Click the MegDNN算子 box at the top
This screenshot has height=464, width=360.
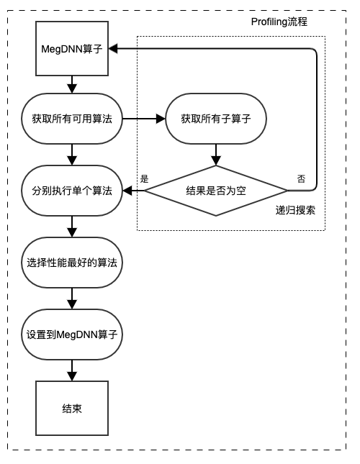pos(72,48)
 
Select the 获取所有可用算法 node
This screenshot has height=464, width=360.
pos(72,119)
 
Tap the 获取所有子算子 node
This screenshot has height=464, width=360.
pos(216,119)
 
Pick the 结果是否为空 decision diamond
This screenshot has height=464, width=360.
pos(216,191)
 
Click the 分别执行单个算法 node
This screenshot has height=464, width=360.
pos(72,191)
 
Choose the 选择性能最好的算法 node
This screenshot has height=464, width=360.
pos(72,263)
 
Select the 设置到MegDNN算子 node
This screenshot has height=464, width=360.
pos(72,335)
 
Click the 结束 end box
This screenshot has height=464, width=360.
pos(72,408)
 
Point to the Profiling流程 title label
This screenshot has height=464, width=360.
pos(279,22)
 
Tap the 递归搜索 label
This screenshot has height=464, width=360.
pos(295,210)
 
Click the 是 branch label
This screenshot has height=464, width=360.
pos(144,178)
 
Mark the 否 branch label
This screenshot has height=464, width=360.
pos(301,178)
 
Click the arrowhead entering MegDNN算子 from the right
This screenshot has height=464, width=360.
pos(113,48)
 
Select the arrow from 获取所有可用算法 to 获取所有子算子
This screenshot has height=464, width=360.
pos(144,119)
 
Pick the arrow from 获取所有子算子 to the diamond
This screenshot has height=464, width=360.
pos(216,155)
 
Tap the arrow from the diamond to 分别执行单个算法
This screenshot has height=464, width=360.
pos(133,191)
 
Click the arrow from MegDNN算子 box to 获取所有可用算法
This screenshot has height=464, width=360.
pos(72,85)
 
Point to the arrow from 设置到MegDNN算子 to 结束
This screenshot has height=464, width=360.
pos(72,370)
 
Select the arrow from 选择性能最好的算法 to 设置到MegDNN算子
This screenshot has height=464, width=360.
pos(72,299)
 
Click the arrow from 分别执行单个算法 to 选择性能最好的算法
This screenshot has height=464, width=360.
pos(72,227)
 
